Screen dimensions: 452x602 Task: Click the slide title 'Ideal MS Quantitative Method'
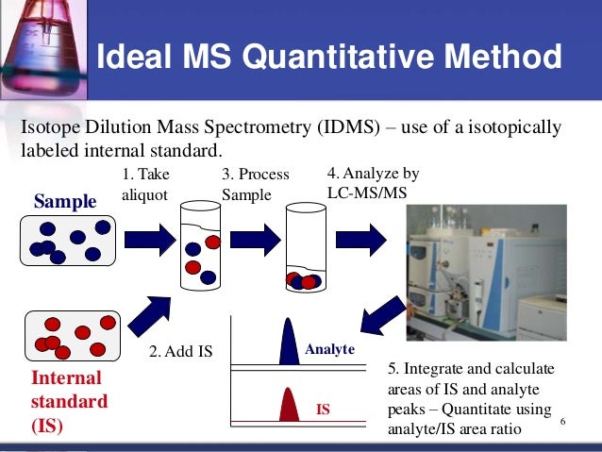(329, 58)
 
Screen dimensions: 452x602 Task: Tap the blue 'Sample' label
(65, 201)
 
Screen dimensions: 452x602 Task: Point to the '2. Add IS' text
(182, 352)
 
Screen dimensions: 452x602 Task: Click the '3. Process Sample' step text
(255, 184)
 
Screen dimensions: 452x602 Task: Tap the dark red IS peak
(288, 406)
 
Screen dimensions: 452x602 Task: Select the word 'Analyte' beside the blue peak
(329, 350)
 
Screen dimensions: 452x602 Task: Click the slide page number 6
(562, 420)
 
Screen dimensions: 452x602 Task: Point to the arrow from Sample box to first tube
(148, 240)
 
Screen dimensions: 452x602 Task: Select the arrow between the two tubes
(252, 240)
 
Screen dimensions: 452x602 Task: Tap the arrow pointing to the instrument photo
(362, 240)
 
